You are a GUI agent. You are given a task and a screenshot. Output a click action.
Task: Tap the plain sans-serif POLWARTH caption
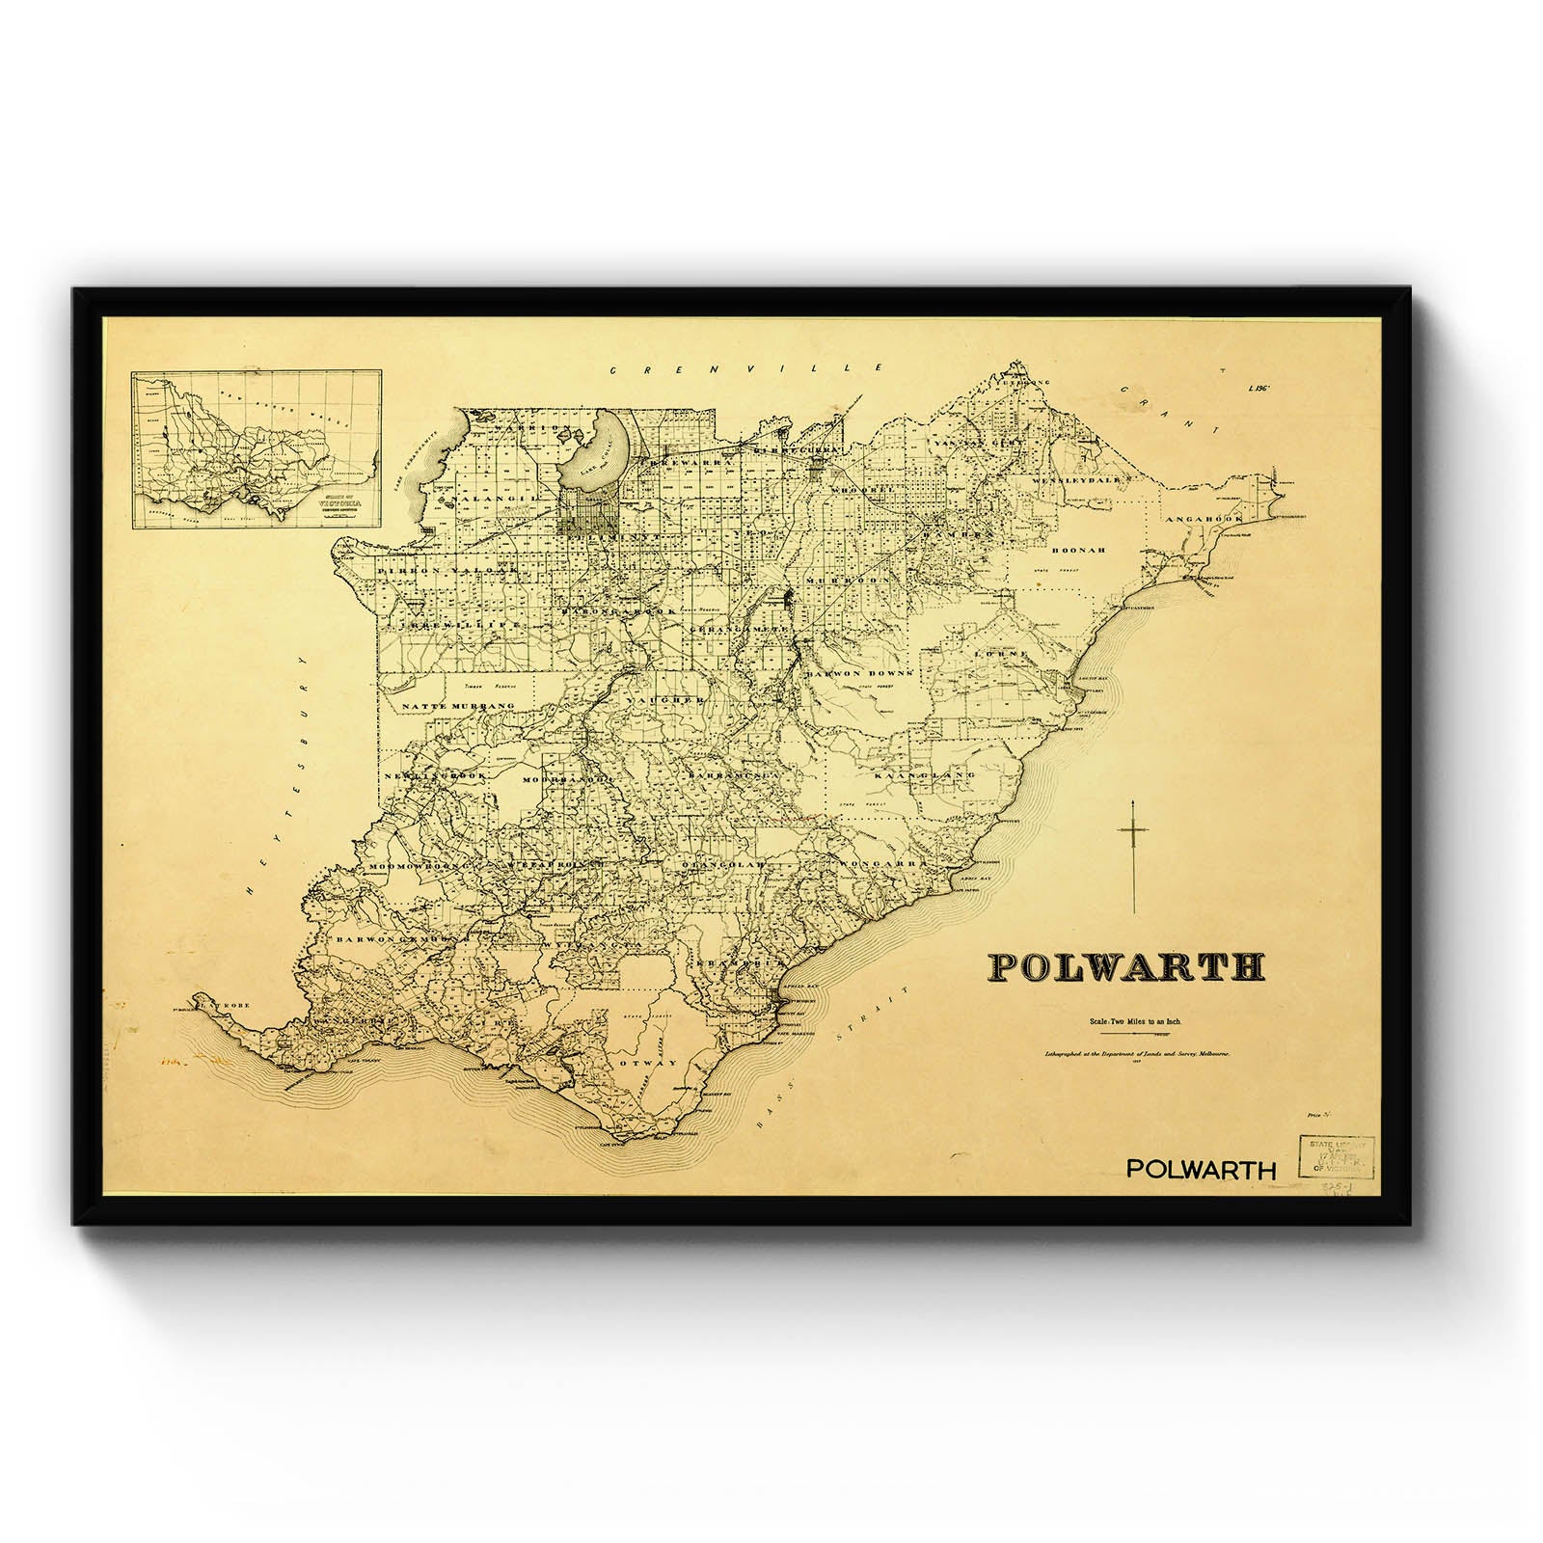[x=1201, y=1170]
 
